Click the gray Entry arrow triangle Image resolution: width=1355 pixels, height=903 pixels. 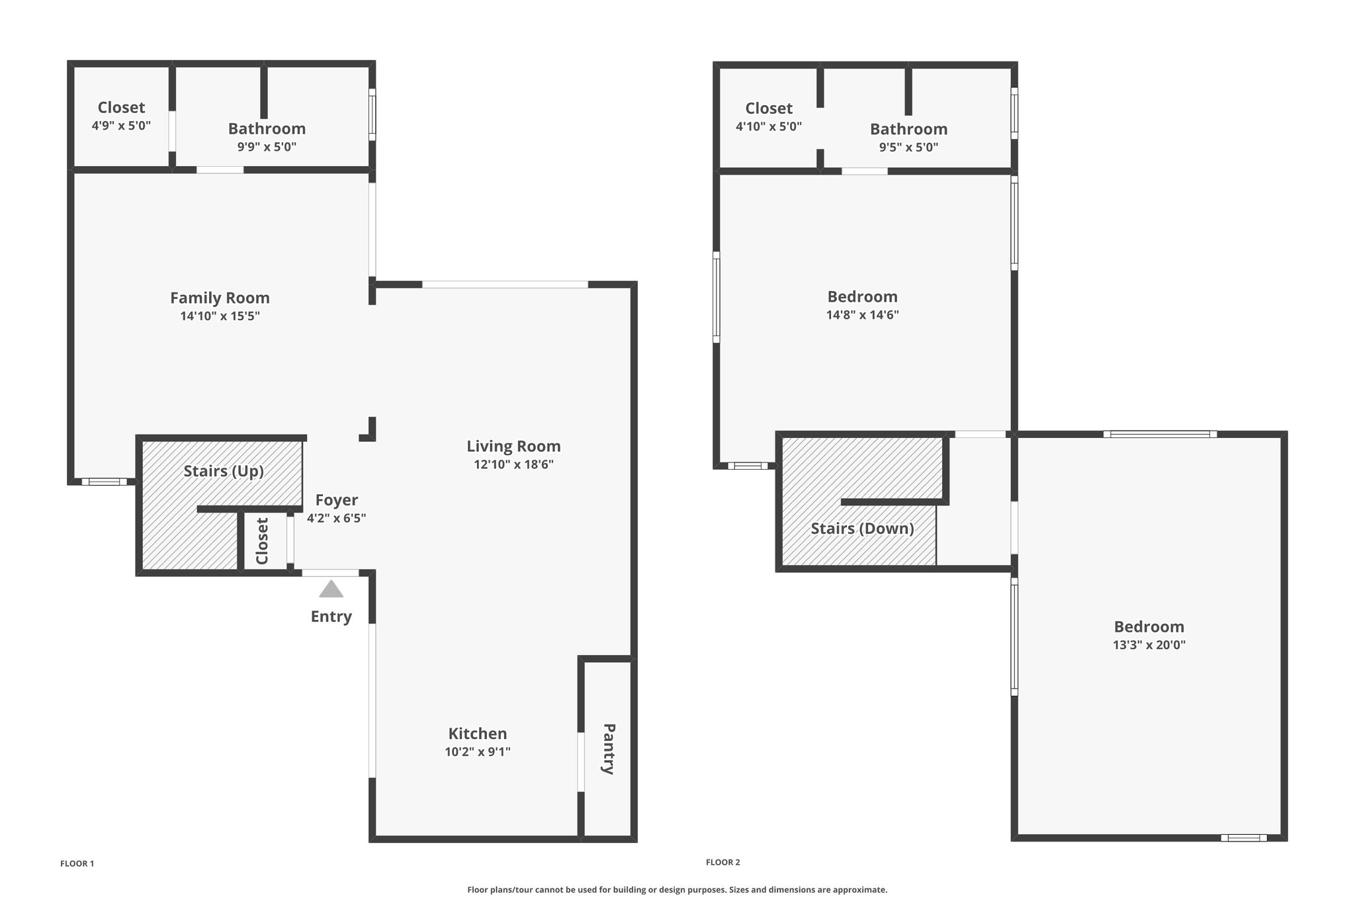tap(331, 589)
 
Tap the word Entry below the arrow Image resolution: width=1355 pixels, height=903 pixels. tap(331, 617)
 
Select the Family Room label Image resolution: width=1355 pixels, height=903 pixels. tap(220, 298)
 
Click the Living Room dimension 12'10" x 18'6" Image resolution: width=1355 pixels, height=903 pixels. tap(513, 464)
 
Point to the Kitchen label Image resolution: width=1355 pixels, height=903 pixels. tap(478, 734)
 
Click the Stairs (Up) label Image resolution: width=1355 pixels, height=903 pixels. tap(224, 471)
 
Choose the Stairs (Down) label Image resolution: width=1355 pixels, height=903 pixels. tap(863, 529)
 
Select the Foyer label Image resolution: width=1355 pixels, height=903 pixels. tap(337, 500)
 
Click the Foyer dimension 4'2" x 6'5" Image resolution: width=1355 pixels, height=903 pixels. tap(337, 518)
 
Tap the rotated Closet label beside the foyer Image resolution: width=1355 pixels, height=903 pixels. tap(262, 541)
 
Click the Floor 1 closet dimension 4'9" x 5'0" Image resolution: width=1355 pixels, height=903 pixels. tap(121, 125)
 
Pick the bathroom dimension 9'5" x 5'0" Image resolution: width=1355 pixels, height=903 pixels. tap(908, 147)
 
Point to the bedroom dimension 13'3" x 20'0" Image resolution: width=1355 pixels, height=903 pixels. tap(1149, 644)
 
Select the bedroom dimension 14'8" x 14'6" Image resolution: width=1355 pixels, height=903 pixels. tap(863, 315)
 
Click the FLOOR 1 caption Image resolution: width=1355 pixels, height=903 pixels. tap(77, 863)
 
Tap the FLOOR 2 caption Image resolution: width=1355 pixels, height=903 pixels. tap(723, 862)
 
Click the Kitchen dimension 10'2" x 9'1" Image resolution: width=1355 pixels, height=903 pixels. tap(478, 752)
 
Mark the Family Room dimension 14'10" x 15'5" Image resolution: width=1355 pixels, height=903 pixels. tap(220, 316)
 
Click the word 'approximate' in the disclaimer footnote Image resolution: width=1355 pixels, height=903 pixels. tap(862, 890)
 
